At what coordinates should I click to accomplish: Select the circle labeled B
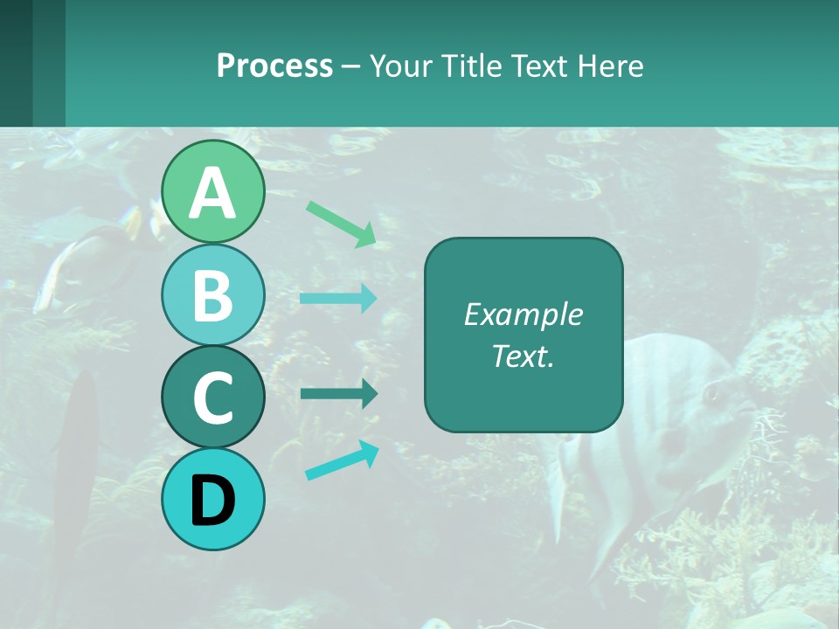[x=212, y=295]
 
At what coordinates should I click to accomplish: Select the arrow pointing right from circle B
[x=338, y=299]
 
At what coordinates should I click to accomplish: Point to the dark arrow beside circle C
[x=338, y=394]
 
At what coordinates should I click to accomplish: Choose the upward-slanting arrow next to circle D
[x=342, y=460]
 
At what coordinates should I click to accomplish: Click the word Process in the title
[x=274, y=66]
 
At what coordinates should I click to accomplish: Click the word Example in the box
[x=523, y=314]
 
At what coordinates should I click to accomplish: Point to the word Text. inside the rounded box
[x=523, y=356]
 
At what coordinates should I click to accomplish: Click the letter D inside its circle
[x=212, y=501]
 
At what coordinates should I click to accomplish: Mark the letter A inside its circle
[x=212, y=193]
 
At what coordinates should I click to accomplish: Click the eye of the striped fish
[x=712, y=395]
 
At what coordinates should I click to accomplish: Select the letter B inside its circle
[x=212, y=295]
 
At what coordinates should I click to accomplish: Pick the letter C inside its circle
[x=212, y=397]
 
